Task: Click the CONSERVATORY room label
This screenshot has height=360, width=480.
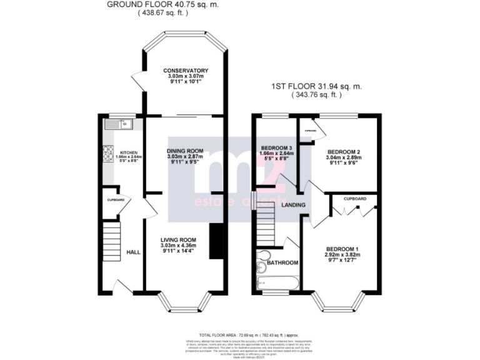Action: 185,71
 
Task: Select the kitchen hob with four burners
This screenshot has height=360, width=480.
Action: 107,153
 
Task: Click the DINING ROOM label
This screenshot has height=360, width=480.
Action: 185,151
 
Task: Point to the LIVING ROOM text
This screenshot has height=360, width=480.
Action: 178,240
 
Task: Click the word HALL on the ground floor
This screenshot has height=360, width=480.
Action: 133,252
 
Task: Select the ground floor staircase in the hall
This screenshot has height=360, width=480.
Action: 111,244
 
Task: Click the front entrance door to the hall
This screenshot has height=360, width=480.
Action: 122,286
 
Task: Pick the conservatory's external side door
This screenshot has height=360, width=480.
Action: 137,79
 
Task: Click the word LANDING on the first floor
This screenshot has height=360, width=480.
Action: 293,204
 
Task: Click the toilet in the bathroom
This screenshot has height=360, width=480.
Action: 263,256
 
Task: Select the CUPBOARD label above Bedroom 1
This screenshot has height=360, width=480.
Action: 354,199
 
